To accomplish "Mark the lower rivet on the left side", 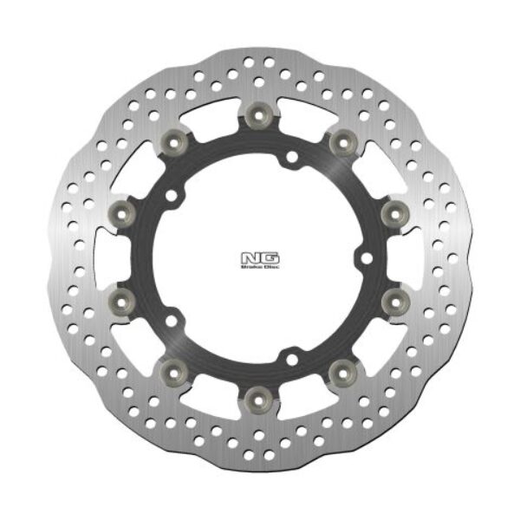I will pos(121,300).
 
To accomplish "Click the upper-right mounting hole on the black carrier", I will pos(292,157).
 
